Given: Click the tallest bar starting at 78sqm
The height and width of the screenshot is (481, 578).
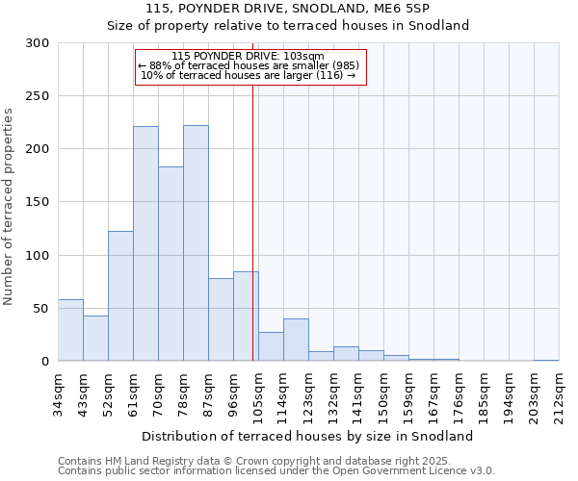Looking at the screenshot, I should pos(196,243).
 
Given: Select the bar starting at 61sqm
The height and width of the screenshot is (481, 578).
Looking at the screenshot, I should pos(145,243).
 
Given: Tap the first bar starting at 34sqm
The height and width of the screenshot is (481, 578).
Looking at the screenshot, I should pos(70,330).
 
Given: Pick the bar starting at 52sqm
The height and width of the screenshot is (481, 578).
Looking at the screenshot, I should pos(120,296).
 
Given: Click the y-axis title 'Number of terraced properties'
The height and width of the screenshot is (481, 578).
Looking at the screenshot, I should pos(9,207).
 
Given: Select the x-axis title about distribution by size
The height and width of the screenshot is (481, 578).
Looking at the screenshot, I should pos(314,436).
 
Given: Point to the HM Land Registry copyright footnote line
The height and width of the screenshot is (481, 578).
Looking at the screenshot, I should pos(275,461).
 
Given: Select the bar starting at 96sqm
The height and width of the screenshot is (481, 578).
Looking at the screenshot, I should pos(246,316).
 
